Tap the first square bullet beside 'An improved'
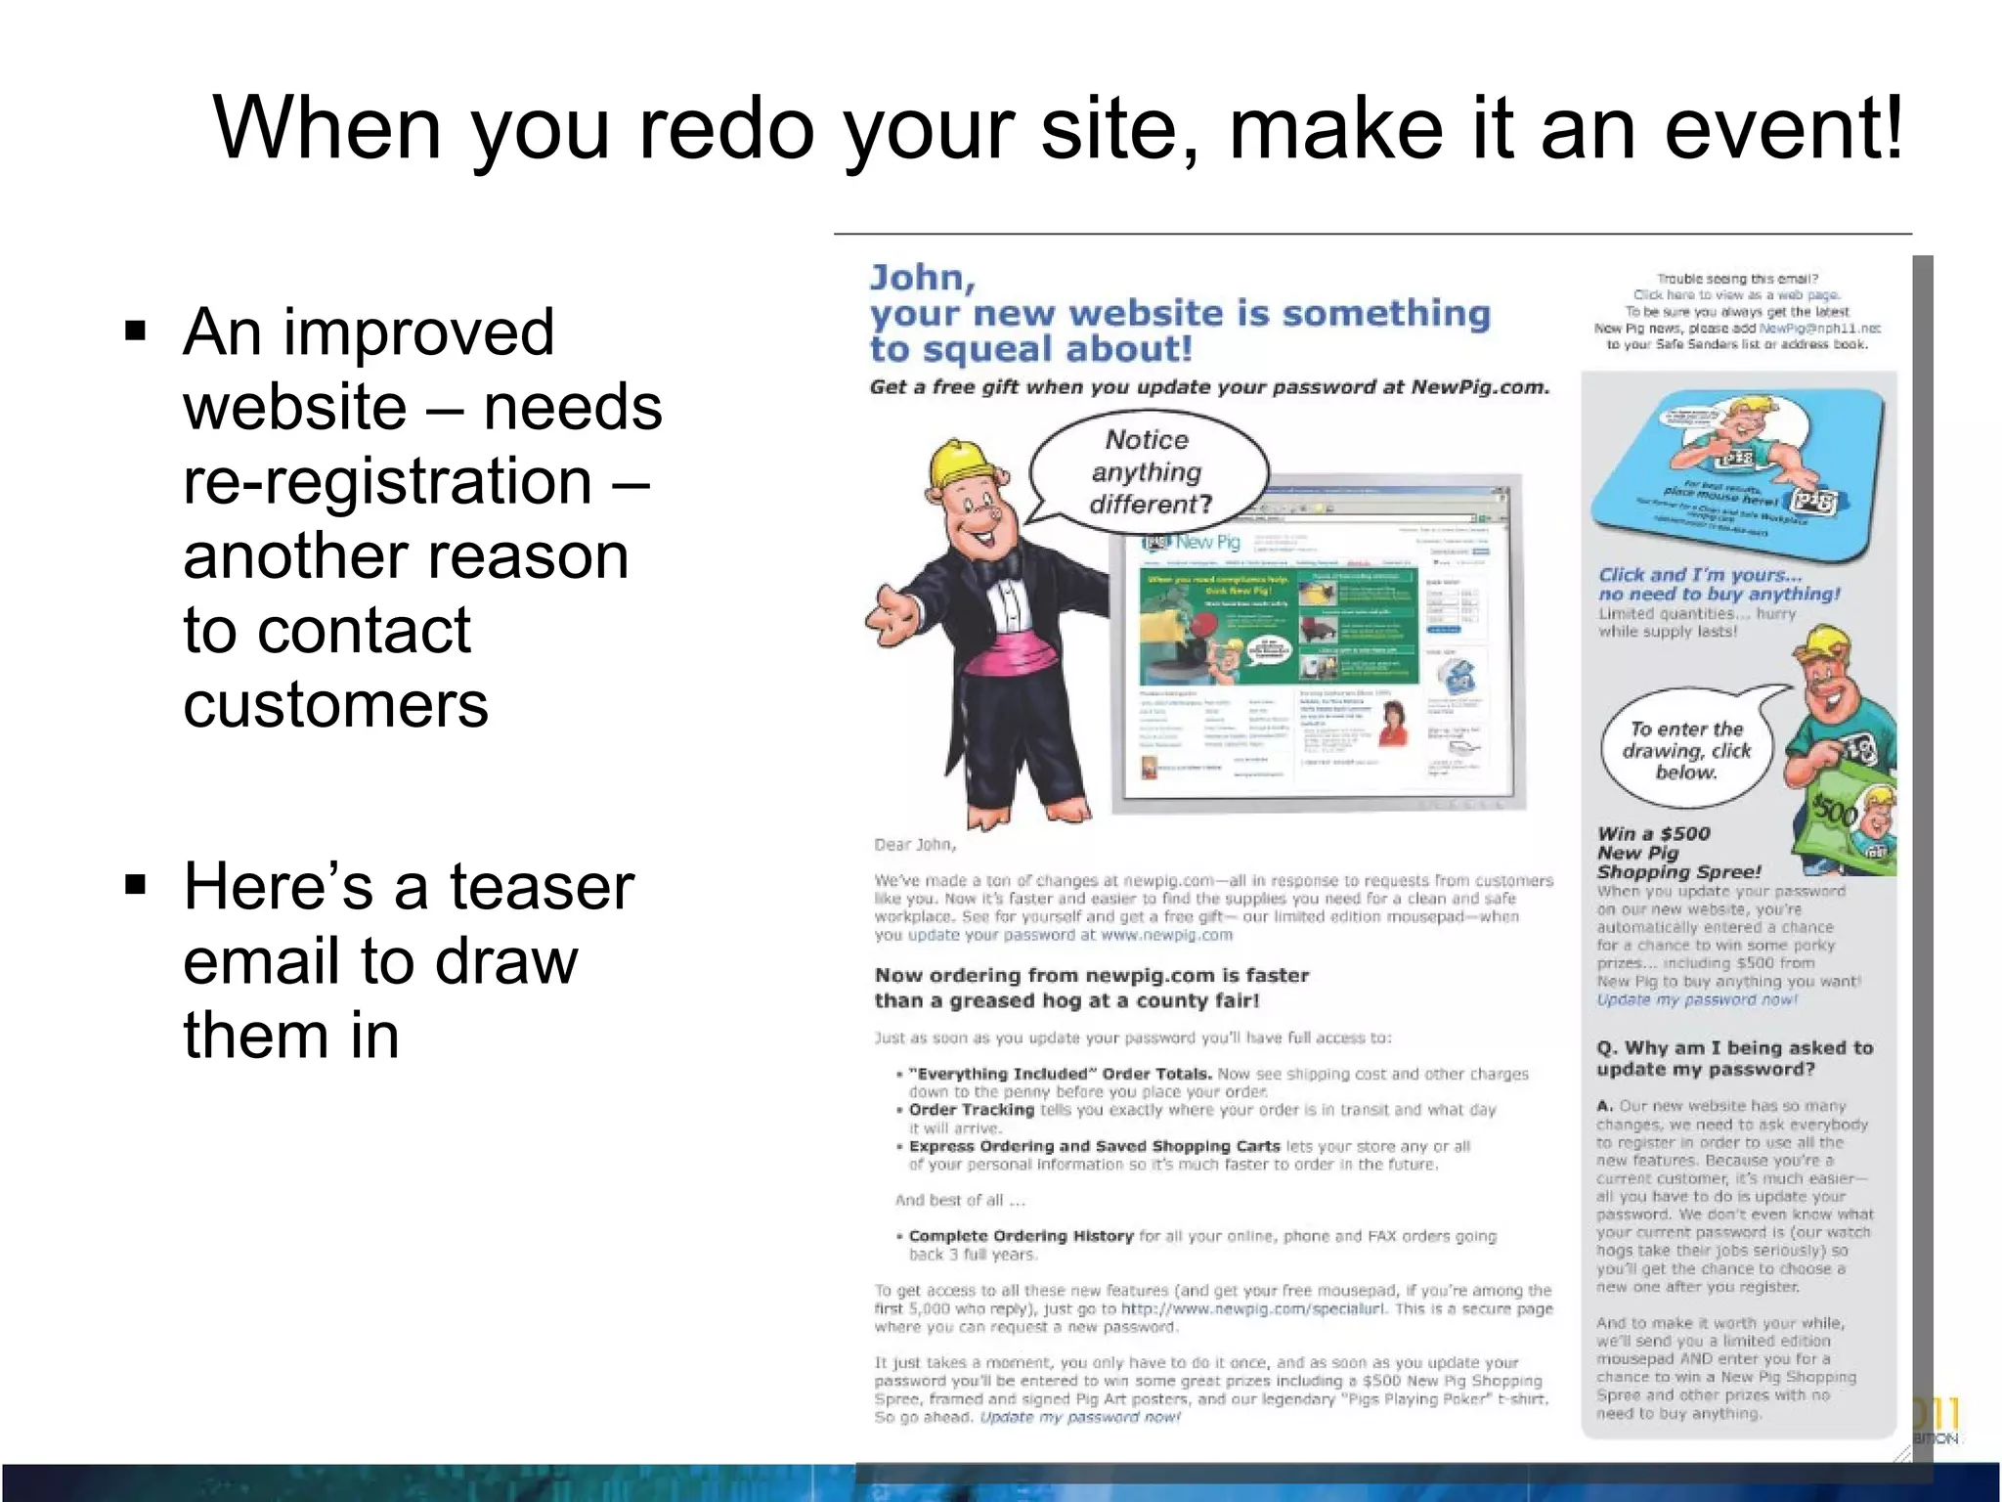(136, 330)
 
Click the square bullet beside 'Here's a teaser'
(136, 885)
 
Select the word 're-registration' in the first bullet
(387, 481)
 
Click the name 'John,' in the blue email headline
(923, 278)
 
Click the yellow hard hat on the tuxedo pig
(961, 460)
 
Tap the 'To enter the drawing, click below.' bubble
(1686, 750)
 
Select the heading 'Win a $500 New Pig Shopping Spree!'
(1678, 853)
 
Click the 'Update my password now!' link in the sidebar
(1696, 999)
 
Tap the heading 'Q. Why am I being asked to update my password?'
(1734, 1058)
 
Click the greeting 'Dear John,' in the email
(915, 844)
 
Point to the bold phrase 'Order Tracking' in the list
(971, 1110)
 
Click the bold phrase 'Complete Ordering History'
(1021, 1236)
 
